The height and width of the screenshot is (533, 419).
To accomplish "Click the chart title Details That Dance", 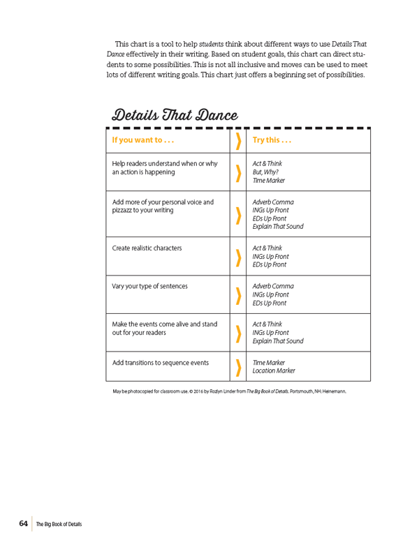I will click(x=175, y=114).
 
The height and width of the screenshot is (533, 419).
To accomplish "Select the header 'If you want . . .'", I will click(x=142, y=140).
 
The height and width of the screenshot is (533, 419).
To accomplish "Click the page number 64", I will click(x=23, y=523).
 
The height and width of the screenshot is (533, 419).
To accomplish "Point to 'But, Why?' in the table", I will click(x=266, y=172).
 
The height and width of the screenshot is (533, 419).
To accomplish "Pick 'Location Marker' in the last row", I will click(x=274, y=371).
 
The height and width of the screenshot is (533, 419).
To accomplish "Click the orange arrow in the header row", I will click(x=239, y=140).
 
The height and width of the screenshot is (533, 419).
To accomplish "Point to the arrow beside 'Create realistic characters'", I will click(x=239, y=257).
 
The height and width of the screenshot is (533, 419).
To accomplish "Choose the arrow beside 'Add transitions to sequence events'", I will click(x=239, y=367).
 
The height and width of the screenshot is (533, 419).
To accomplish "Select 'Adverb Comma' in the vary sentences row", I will click(x=273, y=286).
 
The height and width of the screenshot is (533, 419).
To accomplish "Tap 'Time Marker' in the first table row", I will click(x=268, y=180).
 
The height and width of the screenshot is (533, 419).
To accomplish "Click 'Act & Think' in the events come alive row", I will click(x=267, y=324).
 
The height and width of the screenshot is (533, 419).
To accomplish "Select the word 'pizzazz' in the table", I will click(x=124, y=210).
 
